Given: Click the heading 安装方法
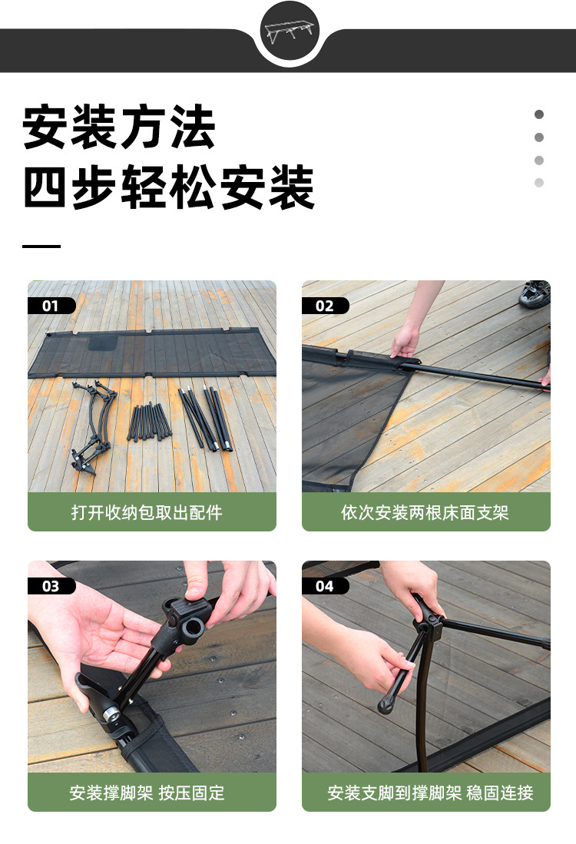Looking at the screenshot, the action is [119, 127].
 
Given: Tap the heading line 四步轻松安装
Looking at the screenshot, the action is [168, 187].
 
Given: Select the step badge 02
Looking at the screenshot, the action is [324, 306].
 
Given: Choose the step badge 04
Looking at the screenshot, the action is [324, 586].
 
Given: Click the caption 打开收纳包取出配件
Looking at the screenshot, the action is [147, 512].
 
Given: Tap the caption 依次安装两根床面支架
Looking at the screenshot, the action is [425, 512].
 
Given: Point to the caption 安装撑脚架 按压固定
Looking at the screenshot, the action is [147, 793].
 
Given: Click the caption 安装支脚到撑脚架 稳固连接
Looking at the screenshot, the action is [430, 793].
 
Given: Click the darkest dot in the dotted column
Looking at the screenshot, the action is [539, 114].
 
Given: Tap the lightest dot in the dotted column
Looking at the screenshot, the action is [539, 183].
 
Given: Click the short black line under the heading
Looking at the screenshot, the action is [41, 247].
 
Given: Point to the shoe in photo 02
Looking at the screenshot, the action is [535, 294].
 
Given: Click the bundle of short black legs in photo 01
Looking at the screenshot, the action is [150, 422].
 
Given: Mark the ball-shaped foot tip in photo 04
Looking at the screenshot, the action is [386, 704].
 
